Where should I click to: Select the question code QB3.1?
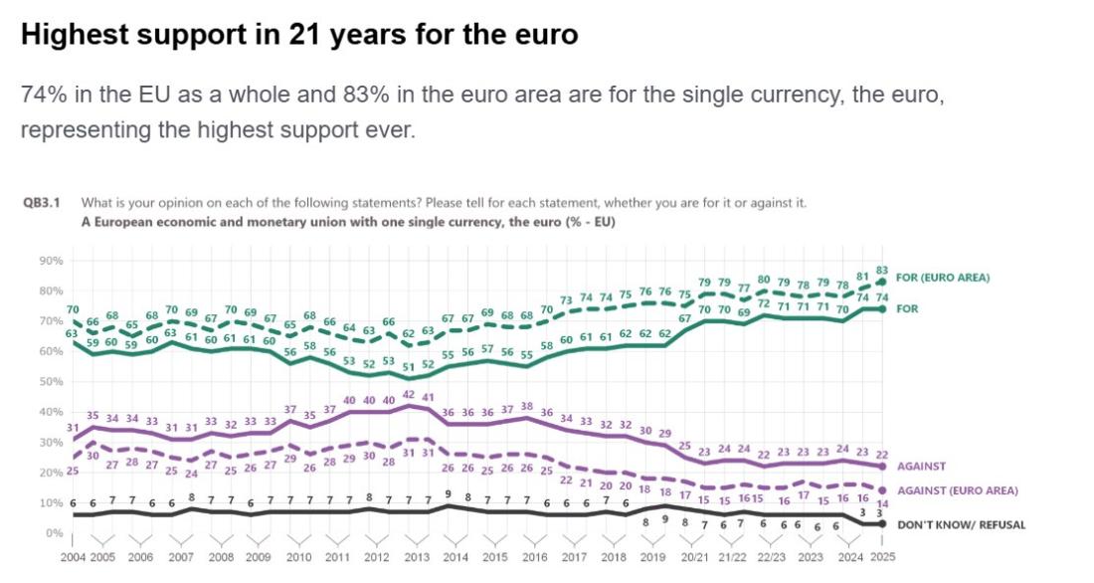click(x=42, y=203)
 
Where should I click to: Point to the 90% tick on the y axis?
click(x=51, y=261)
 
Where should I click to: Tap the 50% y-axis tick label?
click(x=51, y=382)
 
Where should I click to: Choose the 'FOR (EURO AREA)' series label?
click(x=943, y=278)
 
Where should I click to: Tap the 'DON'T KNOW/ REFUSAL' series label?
click(x=960, y=524)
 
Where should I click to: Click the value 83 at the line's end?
click(x=882, y=269)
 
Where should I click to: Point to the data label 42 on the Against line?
click(x=409, y=395)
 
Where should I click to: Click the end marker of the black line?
click(x=882, y=524)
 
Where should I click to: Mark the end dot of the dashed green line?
click(x=882, y=282)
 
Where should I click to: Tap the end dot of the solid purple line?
click(x=882, y=466)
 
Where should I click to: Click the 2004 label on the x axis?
click(x=73, y=557)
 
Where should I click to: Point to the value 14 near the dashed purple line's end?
click(x=883, y=503)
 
